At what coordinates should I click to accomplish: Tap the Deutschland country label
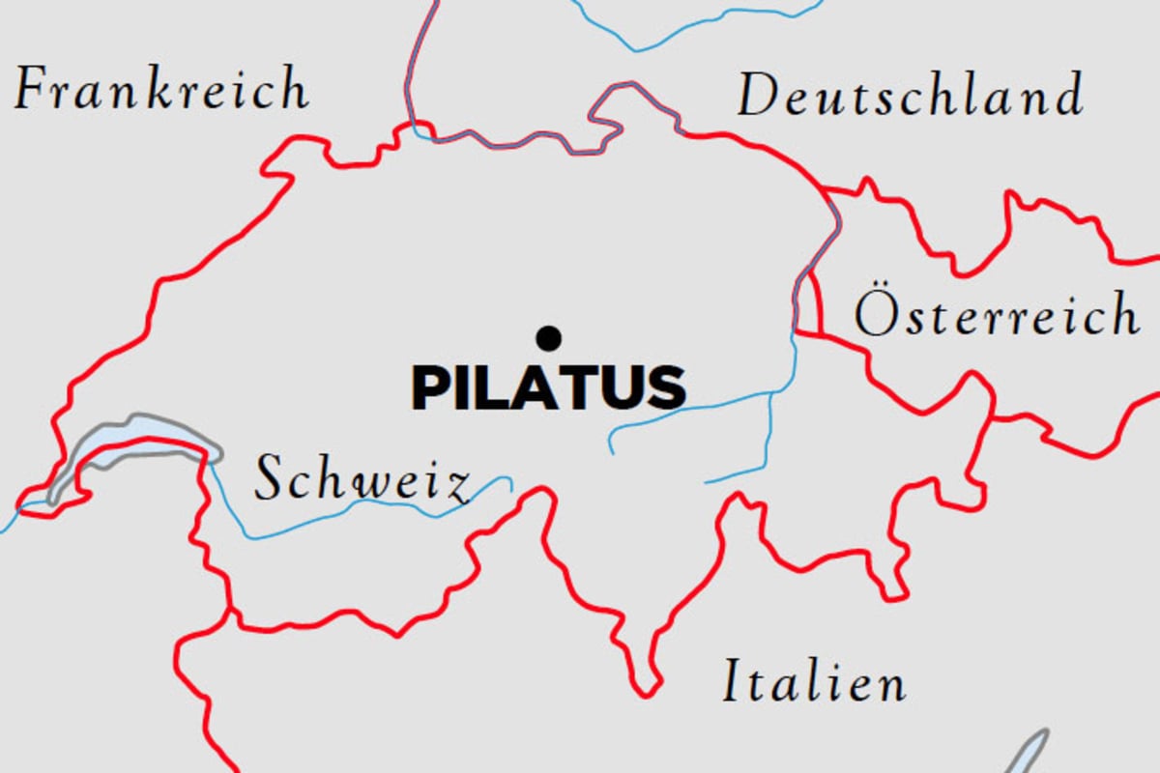tap(909, 97)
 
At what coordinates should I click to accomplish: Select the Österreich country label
tap(996, 314)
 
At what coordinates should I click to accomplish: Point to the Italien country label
tap(815, 682)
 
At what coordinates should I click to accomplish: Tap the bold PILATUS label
tap(549, 386)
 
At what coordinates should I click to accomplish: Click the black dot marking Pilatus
tap(549, 337)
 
